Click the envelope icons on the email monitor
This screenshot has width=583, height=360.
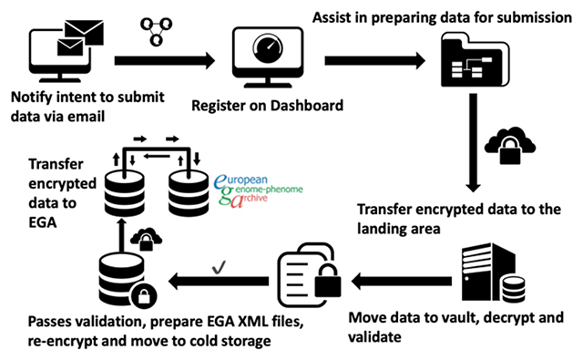(80, 38)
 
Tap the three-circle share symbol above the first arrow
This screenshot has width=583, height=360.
(156, 31)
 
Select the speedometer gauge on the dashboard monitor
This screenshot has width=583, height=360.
(268, 47)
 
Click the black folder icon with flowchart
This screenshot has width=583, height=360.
(475, 59)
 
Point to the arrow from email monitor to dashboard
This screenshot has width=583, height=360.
(165, 61)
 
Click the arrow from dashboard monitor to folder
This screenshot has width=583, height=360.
(374, 61)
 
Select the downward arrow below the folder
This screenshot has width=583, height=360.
(473, 142)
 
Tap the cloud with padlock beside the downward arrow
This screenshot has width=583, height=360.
(509, 145)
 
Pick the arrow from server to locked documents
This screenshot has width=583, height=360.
(402, 281)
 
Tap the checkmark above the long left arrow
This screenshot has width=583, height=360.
(219, 267)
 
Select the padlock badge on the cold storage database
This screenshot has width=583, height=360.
(144, 296)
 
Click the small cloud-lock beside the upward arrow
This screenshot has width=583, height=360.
(146, 239)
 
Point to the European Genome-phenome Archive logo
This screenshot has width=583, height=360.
(259, 190)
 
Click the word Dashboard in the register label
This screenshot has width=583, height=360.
(307, 106)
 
